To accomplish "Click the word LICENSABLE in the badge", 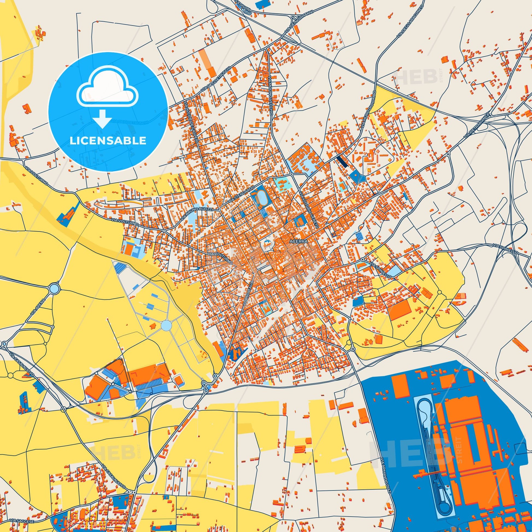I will (x=108, y=141).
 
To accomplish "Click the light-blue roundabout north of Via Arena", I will (x=54, y=288).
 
